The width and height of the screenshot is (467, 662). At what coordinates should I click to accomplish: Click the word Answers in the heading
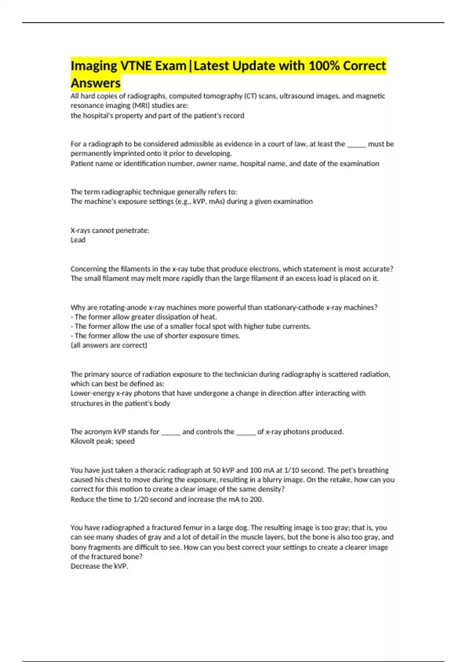point(96,83)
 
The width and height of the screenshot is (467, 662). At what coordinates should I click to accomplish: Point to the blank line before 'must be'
point(356,144)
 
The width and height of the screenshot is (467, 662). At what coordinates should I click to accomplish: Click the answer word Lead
point(78,240)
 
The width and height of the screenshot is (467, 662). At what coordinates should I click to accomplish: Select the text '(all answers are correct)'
point(109,345)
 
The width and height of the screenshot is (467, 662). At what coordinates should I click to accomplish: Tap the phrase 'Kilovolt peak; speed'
point(102,441)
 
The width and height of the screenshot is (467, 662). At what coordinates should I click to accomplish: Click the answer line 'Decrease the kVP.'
point(99,566)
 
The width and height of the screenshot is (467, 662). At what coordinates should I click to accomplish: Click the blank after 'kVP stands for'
point(171,432)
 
